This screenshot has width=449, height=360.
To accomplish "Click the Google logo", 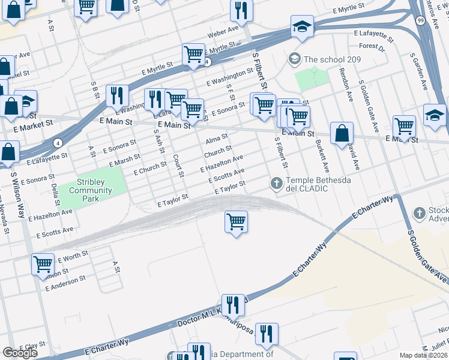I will point(19,353).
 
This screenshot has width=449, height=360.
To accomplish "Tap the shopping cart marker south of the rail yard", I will point(237,221).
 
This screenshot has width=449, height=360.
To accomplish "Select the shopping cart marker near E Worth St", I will point(43,263).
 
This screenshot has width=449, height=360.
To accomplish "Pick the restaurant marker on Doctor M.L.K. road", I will point(232,305).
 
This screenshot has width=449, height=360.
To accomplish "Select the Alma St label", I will point(217,139).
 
